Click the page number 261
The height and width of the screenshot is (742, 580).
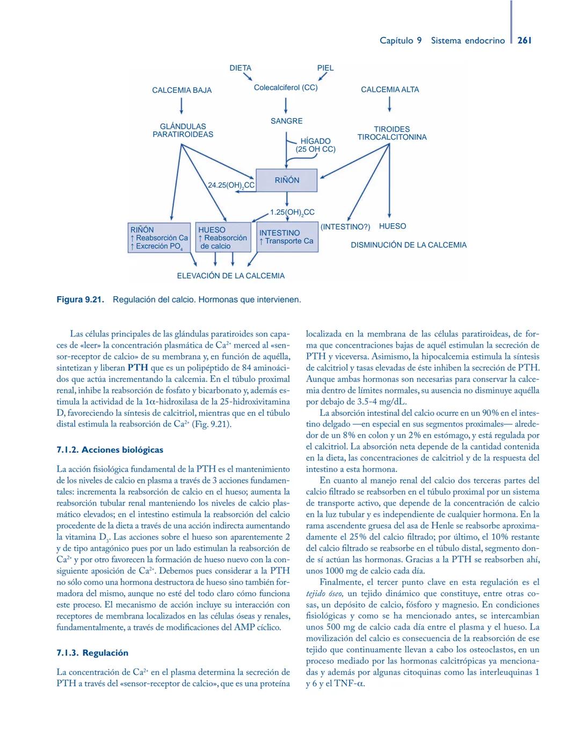(x=524, y=40)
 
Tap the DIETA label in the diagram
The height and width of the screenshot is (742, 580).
(x=240, y=68)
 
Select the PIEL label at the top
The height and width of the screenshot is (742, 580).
(x=325, y=68)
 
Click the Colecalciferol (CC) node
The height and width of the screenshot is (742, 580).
(x=286, y=87)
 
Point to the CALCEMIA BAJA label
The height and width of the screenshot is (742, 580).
(x=182, y=90)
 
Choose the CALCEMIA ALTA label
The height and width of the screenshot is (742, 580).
(x=390, y=90)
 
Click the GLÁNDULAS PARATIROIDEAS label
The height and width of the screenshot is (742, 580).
(x=183, y=130)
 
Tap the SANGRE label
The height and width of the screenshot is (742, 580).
(x=286, y=121)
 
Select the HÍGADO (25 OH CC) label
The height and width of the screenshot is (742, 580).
(x=315, y=145)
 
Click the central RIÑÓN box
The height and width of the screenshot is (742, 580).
(x=287, y=180)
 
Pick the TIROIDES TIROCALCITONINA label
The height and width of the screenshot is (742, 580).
(x=392, y=133)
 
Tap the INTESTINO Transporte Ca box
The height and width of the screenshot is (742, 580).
(x=286, y=237)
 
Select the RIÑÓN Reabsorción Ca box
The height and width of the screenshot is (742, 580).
(x=159, y=238)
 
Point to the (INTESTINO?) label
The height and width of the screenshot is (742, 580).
(x=345, y=226)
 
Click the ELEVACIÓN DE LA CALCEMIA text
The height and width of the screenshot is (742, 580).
(x=231, y=276)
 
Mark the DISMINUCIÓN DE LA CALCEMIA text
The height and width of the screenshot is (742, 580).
(x=409, y=245)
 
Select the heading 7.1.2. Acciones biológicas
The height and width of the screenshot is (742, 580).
(x=110, y=450)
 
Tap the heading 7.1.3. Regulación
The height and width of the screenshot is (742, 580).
(x=92, y=652)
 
